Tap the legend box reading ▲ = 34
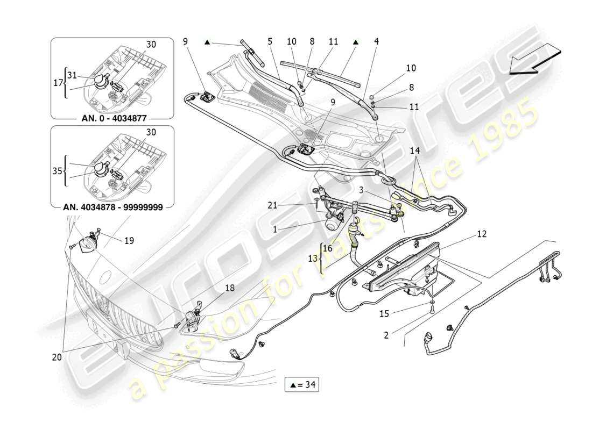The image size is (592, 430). (x=305, y=384)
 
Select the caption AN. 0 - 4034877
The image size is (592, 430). (x=112, y=118)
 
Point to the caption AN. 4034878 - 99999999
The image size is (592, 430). (x=112, y=206)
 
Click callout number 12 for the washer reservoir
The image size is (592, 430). (x=481, y=234)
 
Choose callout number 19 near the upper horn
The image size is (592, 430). (x=129, y=241)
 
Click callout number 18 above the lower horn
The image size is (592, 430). (x=230, y=288)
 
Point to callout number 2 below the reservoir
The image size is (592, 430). (x=386, y=335)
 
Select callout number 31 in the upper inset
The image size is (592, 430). (x=72, y=75)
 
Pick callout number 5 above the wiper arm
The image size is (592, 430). (x=270, y=41)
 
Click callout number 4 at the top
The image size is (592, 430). (x=376, y=41)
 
